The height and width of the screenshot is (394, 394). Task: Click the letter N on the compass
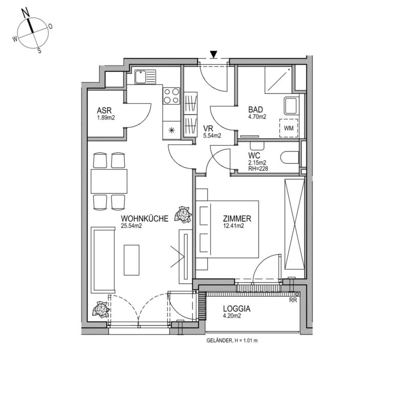click(x=26, y=13)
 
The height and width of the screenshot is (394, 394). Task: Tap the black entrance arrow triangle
click(x=213, y=54)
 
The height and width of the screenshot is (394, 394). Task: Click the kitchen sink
click(x=145, y=76)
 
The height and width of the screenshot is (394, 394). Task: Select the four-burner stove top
click(x=171, y=96)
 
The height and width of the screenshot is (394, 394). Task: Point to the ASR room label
click(x=104, y=111)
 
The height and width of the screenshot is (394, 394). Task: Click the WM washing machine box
click(x=289, y=128)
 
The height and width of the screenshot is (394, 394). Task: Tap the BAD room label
click(x=255, y=110)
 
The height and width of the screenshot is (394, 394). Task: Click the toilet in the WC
click(x=289, y=158)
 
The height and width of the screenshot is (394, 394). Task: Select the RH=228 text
click(x=258, y=168)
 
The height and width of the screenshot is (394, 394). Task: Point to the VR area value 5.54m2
click(x=212, y=135)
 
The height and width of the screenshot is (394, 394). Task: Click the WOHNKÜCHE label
click(x=145, y=219)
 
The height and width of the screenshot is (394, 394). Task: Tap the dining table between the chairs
click(x=109, y=182)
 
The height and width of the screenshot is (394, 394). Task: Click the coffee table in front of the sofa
click(x=131, y=260)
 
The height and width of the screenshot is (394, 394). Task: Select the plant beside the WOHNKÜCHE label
click(x=183, y=215)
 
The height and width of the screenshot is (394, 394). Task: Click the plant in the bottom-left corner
click(x=101, y=309)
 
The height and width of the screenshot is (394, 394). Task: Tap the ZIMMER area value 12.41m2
click(x=233, y=226)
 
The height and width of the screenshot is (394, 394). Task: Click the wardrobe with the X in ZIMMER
click(x=294, y=224)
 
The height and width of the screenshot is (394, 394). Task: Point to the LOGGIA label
click(x=237, y=308)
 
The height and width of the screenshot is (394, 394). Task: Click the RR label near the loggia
click(x=293, y=300)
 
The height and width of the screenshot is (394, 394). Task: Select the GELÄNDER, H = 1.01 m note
click(x=232, y=341)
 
